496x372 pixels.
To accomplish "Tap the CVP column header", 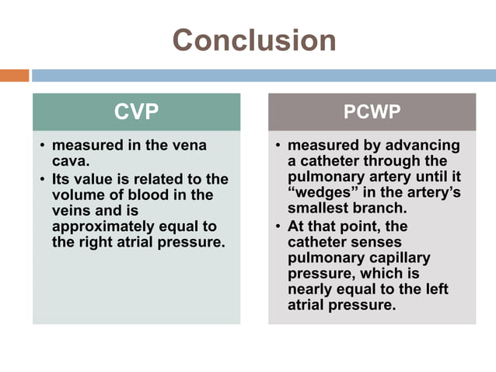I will point(136,112).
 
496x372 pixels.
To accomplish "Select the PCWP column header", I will point(372,112).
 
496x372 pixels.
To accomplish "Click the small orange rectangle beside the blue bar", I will point(14,75).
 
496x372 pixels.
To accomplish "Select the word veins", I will point(72,210).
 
